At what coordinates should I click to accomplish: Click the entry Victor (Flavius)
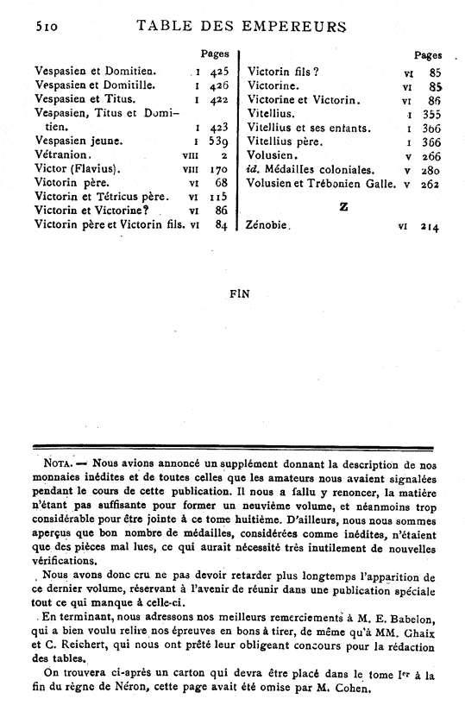click(x=76, y=169)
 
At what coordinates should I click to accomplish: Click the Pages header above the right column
click(x=428, y=54)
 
